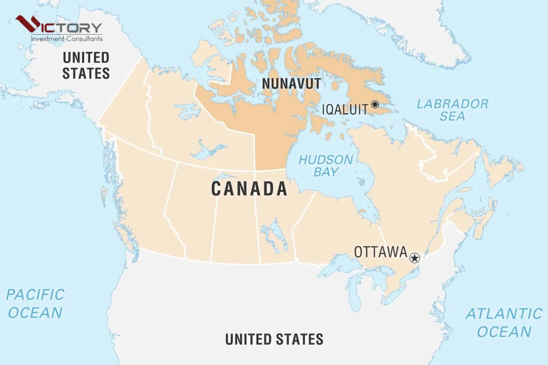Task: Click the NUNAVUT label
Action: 291,83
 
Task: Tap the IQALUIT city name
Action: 345,110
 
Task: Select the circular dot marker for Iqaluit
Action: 375,104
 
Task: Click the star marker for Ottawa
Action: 414,258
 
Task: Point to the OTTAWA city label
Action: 380,252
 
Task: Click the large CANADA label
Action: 249,188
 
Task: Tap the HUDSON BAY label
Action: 326,166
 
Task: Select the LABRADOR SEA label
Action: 452,110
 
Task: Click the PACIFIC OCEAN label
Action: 35,303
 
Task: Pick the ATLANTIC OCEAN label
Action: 504,323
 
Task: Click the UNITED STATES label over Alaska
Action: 86,65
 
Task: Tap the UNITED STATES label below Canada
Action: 274,339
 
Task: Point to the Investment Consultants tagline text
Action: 66,39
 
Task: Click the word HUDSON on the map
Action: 326,160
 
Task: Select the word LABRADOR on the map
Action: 452,104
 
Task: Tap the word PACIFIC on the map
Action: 35,295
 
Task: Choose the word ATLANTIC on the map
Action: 504,314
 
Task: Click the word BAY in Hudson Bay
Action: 326,172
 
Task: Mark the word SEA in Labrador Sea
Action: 453,116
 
